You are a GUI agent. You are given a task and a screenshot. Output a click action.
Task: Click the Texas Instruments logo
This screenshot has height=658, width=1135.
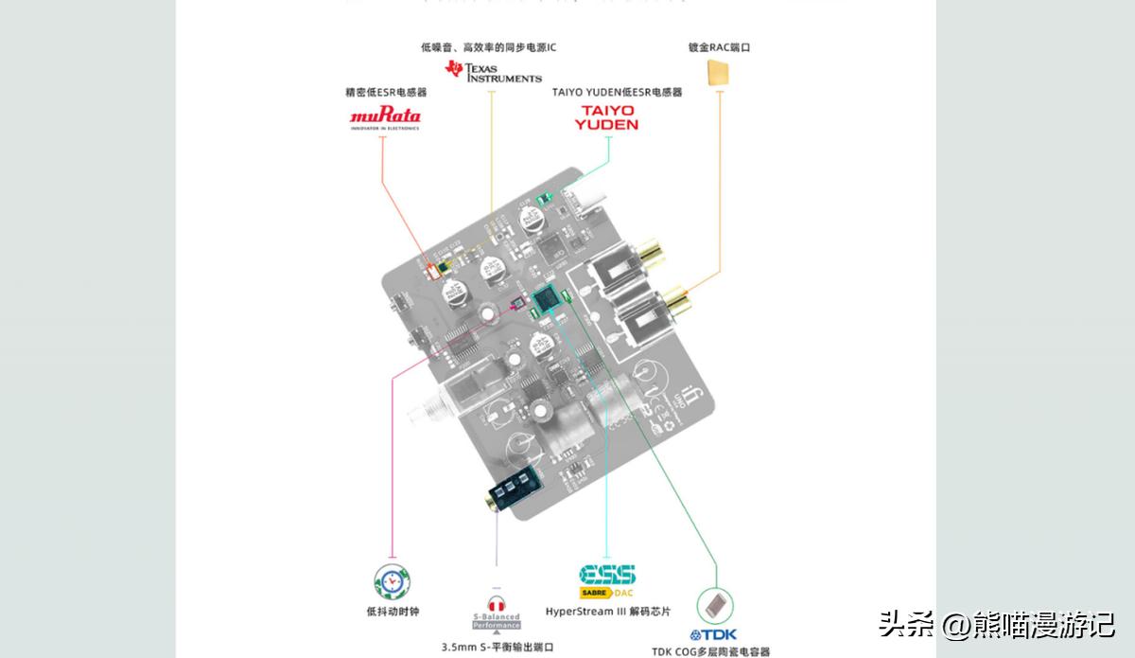coord(494,71)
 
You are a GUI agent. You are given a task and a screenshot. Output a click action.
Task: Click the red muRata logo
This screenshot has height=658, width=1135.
coord(386,118)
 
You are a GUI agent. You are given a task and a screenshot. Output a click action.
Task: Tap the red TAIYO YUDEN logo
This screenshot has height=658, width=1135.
coord(608,117)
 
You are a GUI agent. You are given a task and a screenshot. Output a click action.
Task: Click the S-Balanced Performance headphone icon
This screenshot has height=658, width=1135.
coord(497,612)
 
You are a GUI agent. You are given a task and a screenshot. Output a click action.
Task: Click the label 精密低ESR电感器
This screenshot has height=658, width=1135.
coord(386,93)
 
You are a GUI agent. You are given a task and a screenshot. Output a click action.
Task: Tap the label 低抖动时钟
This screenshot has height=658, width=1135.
coord(392,612)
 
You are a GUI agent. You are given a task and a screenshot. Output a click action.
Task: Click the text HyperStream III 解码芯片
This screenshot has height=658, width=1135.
coord(608,612)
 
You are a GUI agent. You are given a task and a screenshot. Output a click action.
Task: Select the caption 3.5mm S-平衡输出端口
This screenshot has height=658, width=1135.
coord(497,647)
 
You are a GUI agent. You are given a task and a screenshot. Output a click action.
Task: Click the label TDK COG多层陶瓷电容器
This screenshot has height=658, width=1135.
coord(711,651)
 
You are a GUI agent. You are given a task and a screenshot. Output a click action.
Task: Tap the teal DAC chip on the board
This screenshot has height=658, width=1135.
coord(546,300)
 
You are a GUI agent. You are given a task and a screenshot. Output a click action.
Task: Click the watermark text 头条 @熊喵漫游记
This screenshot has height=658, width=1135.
coord(997,624)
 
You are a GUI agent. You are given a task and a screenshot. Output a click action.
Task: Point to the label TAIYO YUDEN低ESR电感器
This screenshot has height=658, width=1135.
coord(617,93)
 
